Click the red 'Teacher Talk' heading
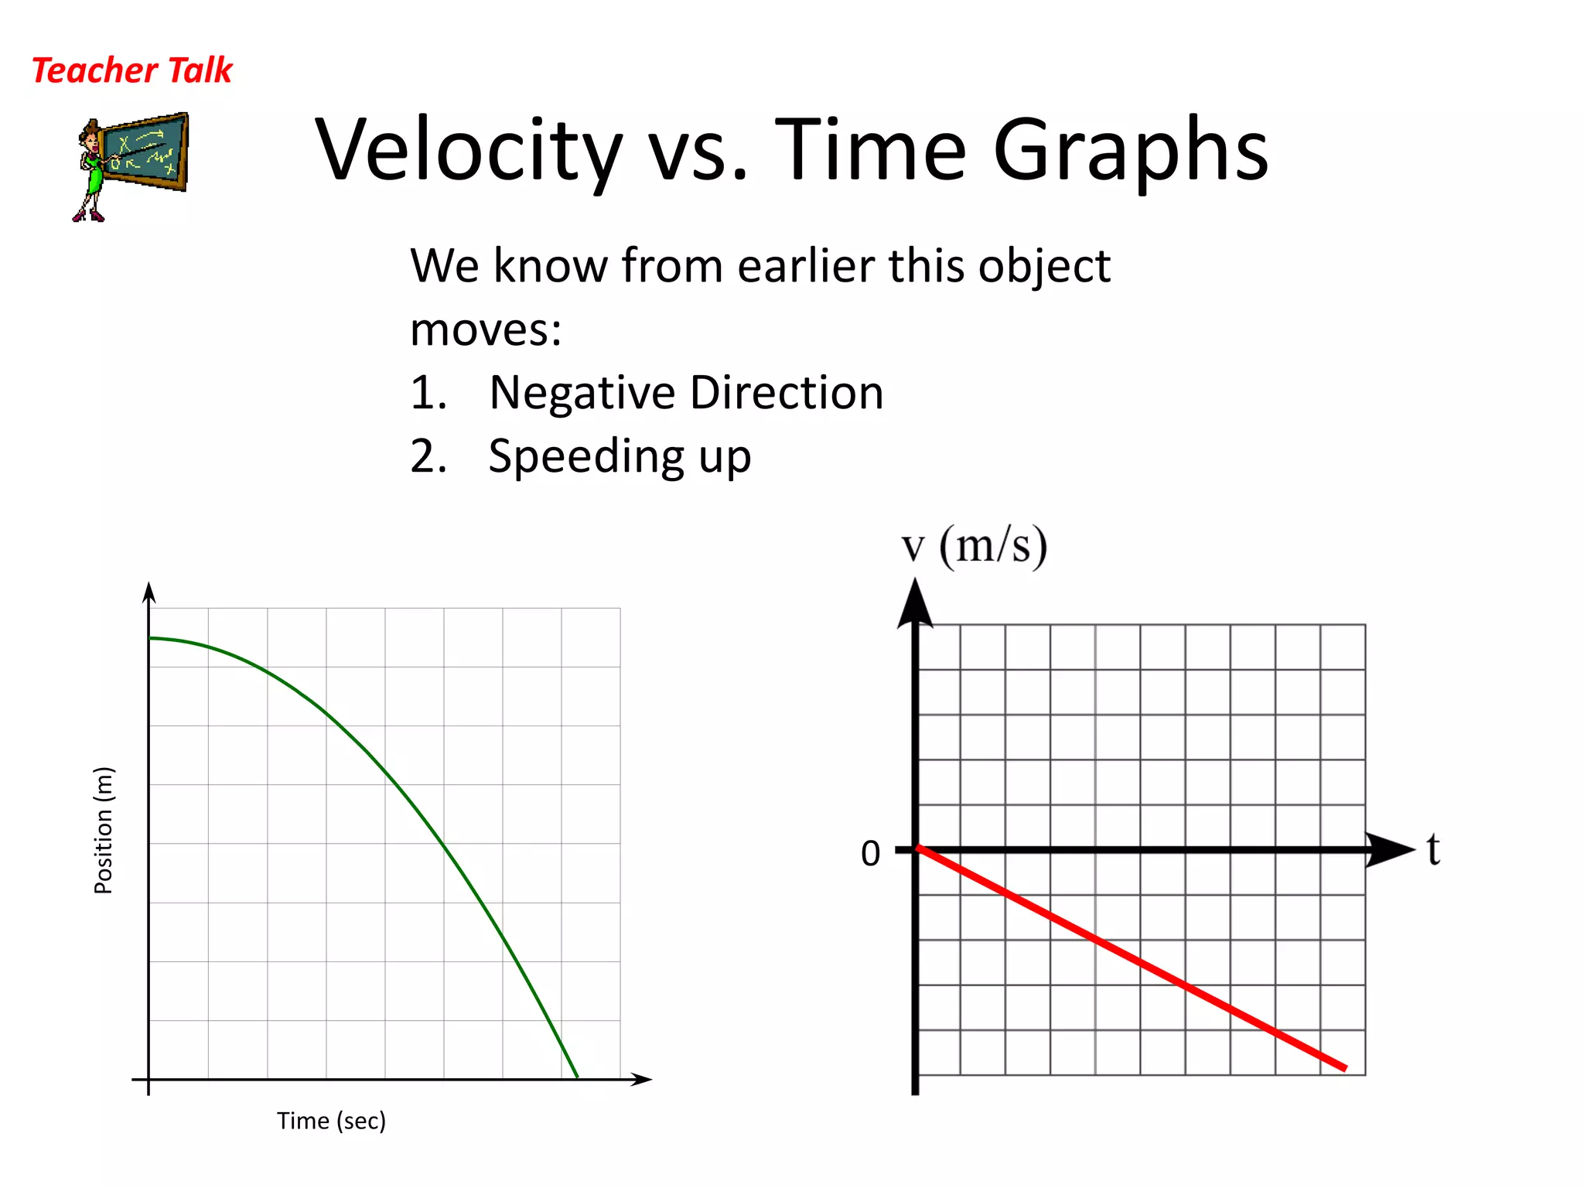click(x=131, y=70)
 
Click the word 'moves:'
click(x=486, y=330)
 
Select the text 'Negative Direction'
click(x=686, y=393)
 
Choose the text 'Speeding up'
click(x=620, y=456)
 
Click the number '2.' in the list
click(x=428, y=456)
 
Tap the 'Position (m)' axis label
click(x=104, y=830)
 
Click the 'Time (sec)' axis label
click(x=331, y=1121)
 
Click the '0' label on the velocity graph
click(x=870, y=854)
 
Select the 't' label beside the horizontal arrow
click(x=1433, y=849)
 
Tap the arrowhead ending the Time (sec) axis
click(x=642, y=1079)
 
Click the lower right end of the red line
click(x=1344, y=1068)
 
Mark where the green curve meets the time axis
click(x=578, y=1077)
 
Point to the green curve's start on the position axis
click(x=151, y=639)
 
